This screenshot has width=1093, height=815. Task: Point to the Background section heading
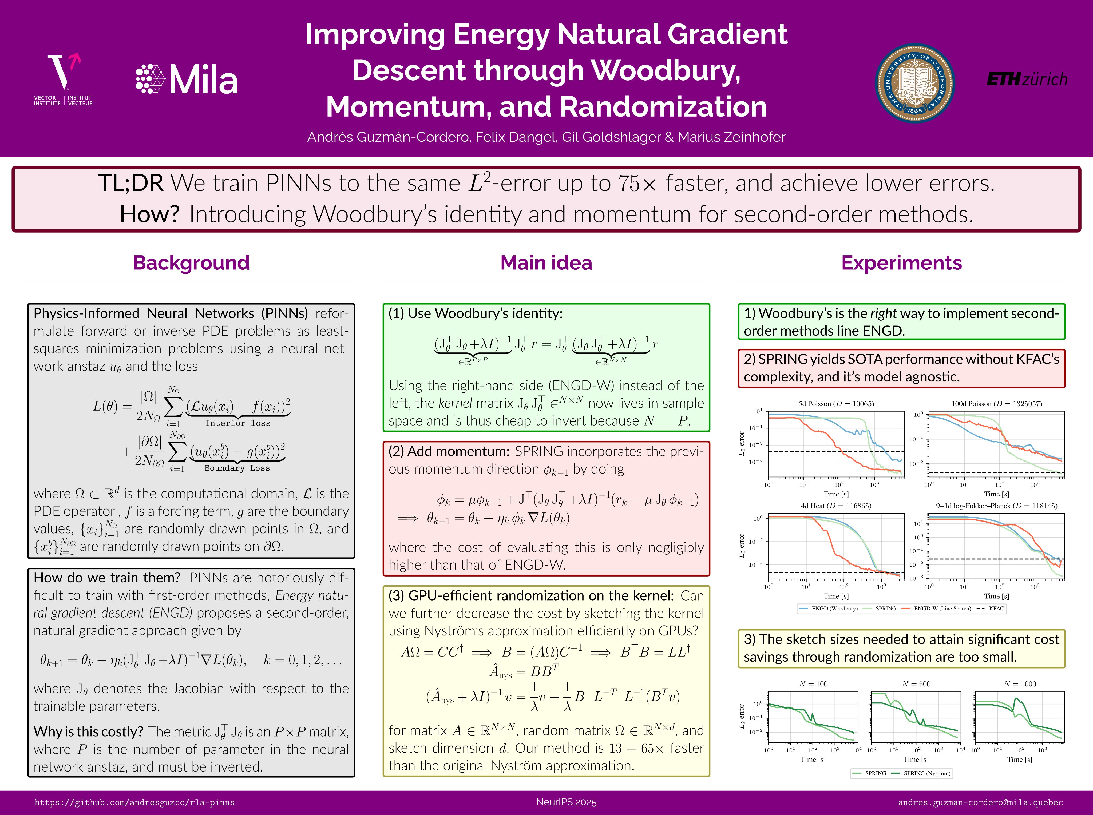click(x=191, y=263)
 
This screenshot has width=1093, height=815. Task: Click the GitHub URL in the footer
click(x=134, y=803)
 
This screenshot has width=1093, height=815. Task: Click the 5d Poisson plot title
click(x=836, y=404)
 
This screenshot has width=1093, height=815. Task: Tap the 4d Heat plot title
click(x=836, y=506)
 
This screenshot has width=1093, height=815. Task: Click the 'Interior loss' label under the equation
click(x=238, y=423)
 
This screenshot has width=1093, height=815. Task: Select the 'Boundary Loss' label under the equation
click(x=237, y=468)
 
